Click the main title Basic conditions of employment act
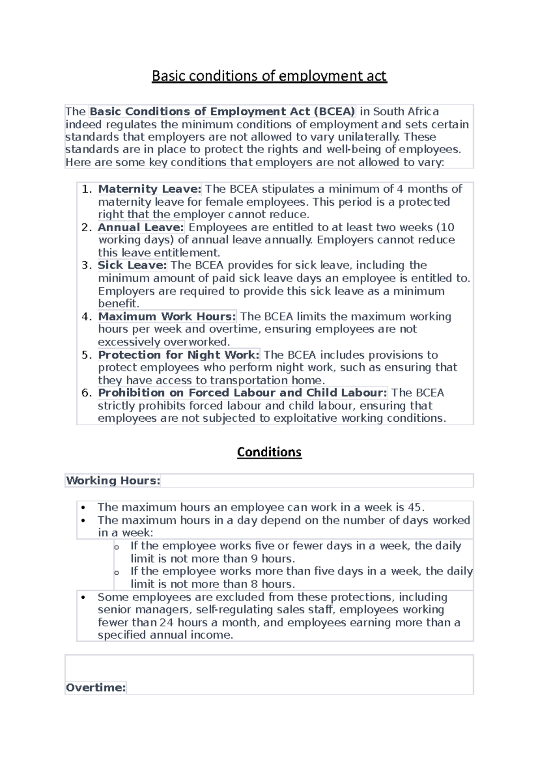click(x=269, y=76)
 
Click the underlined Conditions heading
click(x=269, y=452)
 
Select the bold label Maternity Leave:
click(x=150, y=189)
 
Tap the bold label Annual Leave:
click(x=141, y=227)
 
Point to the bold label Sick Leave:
click(x=132, y=265)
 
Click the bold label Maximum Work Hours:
click(x=167, y=316)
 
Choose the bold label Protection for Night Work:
click(x=178, y=355)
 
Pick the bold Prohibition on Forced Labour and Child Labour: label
click(x=242, y=393)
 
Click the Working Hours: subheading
click(x=113, y=480)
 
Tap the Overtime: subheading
click(x=95, y=687)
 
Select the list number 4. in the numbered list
click(x=87, y=316)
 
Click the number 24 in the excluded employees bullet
click(x=166, y=623)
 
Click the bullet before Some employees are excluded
click(x=83, y=597)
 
